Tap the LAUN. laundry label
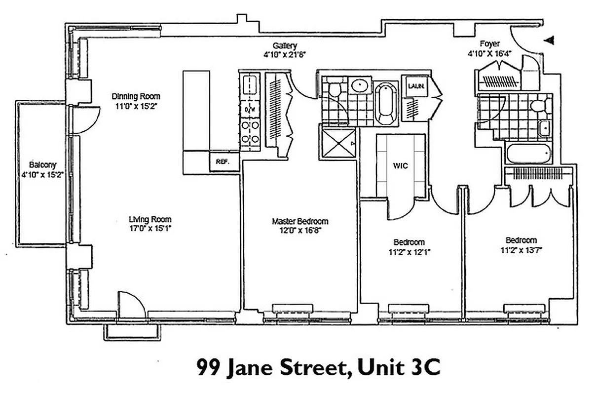[413, 86]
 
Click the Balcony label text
[42, 165]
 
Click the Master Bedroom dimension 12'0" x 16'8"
[299, 230]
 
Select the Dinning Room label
[136, 97]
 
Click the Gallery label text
[285, 46]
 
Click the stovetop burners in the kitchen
[250, 132]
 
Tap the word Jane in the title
[251, 368]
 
